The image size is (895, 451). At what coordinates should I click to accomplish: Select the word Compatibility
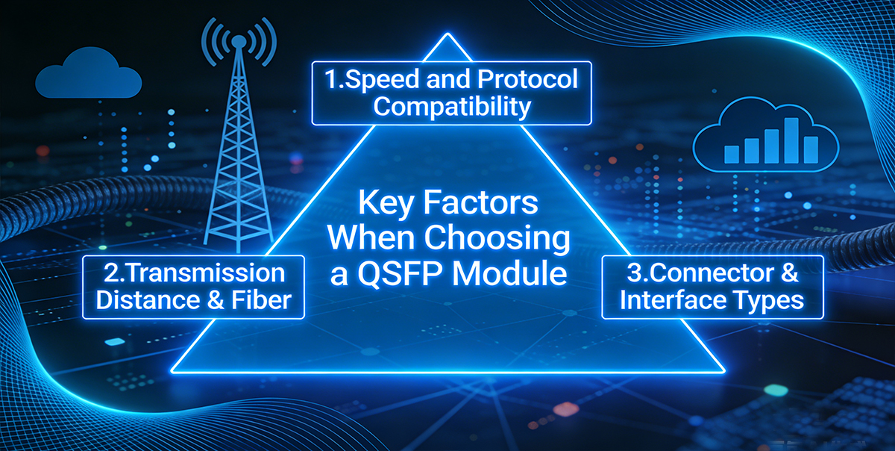coord(452,107)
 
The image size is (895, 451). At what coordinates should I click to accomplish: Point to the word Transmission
coord(201,273)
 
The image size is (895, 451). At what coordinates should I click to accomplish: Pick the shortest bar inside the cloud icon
coord(732,153)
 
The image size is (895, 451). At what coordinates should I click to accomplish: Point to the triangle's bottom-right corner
coord(722,370)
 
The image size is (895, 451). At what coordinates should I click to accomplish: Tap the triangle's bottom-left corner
coord(173,370)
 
